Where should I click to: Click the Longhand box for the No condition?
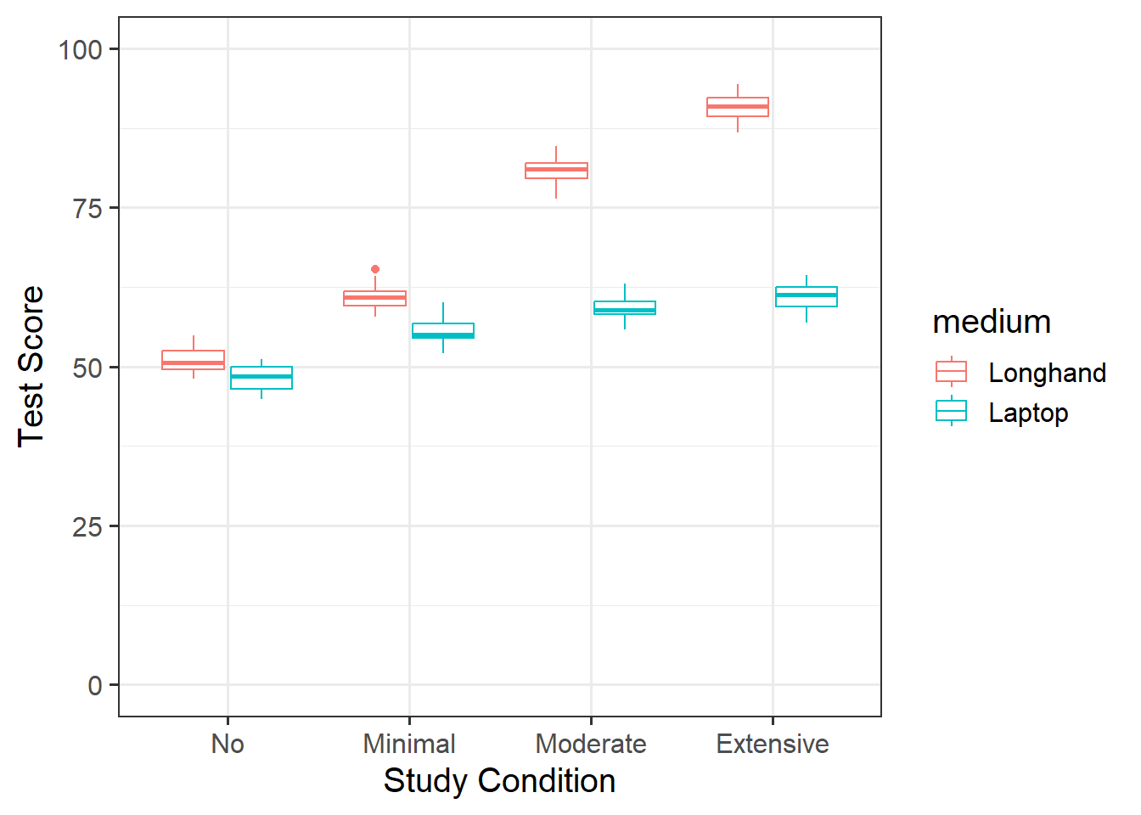[194, 360]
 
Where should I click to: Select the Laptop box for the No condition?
[261, 378]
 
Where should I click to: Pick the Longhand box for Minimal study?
[375, 298]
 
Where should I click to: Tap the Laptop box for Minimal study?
[443, 330]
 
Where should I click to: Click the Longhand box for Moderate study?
[557, 171]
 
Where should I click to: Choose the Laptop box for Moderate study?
[625, 307]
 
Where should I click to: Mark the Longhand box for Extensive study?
[738, 107]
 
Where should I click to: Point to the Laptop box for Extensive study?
[807, 296]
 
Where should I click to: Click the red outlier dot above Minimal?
[375, 269]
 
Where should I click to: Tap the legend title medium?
[992, 323]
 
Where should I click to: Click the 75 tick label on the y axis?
[87, 208]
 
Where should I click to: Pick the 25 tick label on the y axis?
[87, 527]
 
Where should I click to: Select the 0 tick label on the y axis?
[95, 686]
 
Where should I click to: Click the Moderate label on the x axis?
[591, 745]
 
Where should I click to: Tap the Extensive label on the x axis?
[773, 745]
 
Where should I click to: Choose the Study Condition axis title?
[499, 781]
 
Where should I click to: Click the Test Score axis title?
[31, 366]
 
